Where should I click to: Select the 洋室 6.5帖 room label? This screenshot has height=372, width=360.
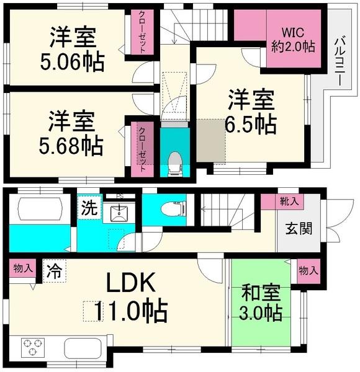(250, 111)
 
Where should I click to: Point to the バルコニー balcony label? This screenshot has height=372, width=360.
(340, 60)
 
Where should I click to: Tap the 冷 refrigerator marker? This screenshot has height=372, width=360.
(54, 271)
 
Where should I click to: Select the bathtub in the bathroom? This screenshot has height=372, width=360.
(37, 208)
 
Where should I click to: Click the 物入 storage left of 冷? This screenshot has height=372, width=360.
(24, 269)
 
